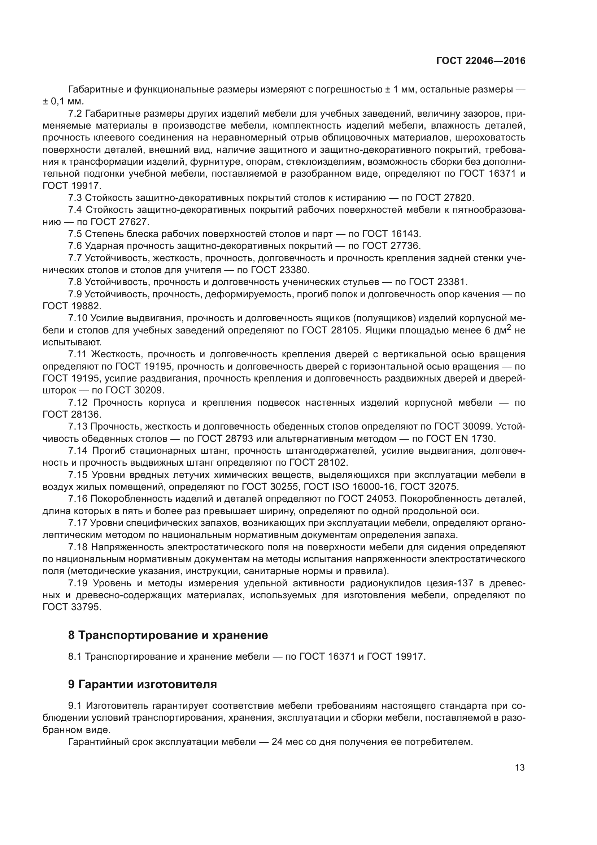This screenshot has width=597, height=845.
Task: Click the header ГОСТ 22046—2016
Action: [x=480, y=61]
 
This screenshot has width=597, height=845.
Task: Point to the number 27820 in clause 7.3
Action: [x=457, y=198]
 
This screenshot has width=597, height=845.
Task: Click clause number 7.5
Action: [x=75, y=234]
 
